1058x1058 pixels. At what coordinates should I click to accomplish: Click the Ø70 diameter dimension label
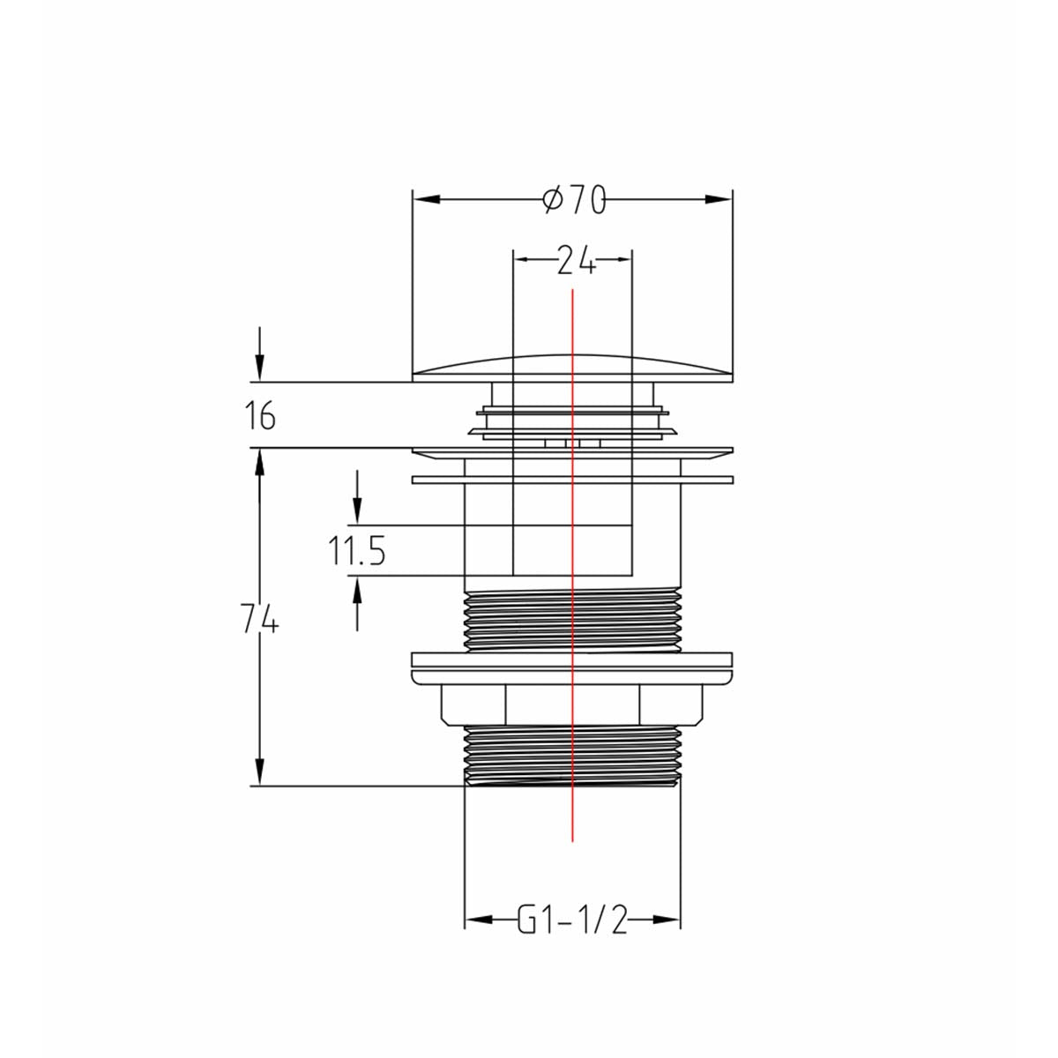pos(574,201)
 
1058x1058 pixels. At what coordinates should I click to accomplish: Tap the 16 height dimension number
pos(260,415)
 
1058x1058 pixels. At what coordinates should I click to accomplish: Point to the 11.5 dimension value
pos(357,553)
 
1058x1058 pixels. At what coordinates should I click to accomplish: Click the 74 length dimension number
pos(259,622)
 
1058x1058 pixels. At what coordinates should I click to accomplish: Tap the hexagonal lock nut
pos(572,704)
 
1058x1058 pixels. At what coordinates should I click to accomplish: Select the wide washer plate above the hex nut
pos(572,667)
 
